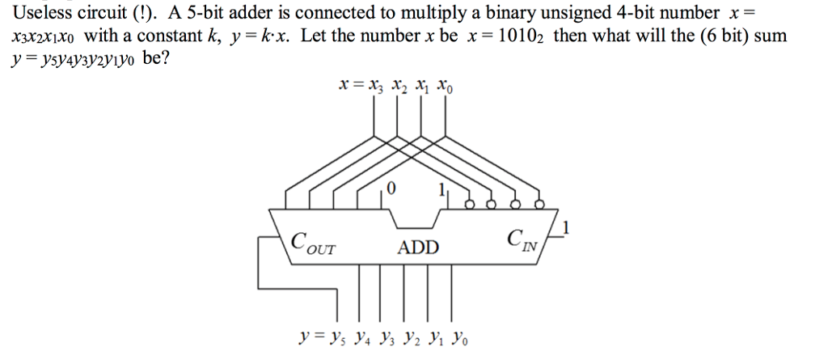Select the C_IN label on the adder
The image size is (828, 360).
[x=522, y=239]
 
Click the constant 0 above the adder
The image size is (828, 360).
[x=391, y=188]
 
